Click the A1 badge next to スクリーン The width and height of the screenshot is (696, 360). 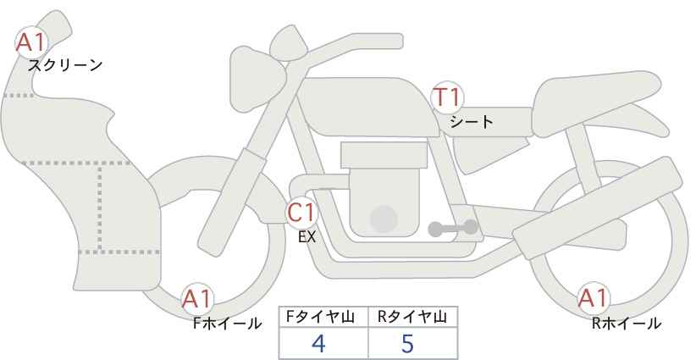point(32,41)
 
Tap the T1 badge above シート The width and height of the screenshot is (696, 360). point(448,97)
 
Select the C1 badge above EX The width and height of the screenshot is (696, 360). point(301,212)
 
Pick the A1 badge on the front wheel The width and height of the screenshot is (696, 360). point(197,299)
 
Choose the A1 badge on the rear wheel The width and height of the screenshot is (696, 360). point(593,299)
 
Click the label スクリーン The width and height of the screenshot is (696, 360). point(66,65)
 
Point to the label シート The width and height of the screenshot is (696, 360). point(471,121)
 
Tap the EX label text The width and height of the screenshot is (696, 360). point(307,238)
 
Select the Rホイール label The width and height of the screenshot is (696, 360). point(627,323)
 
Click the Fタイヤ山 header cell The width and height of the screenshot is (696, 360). point(323,317)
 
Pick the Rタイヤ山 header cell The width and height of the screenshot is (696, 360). point(412,317)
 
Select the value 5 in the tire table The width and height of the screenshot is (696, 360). point(409,343)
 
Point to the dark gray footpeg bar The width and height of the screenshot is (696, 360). point(452,228)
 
